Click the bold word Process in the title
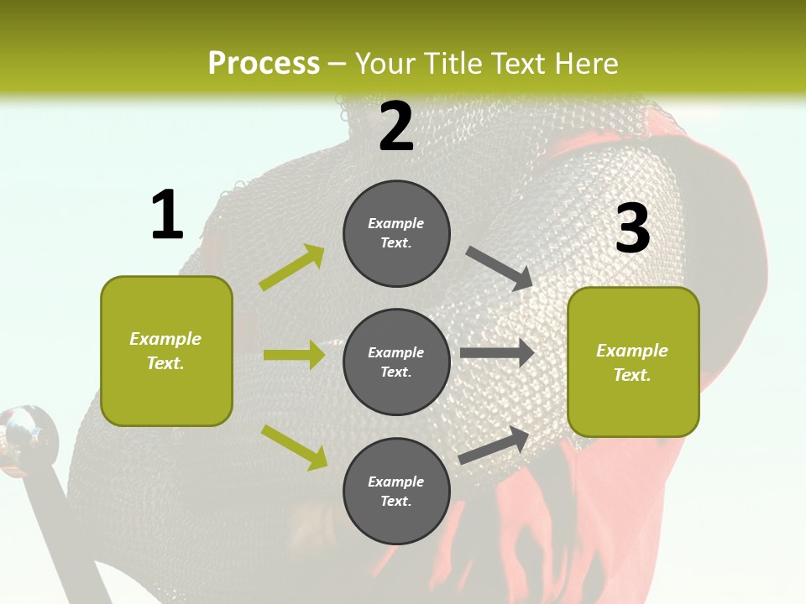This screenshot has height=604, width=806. [x=264, y=63]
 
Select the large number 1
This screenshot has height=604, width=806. [x=167, y=216]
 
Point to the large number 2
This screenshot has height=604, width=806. [x=396, y=127]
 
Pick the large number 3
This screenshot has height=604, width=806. [x=632, y=228]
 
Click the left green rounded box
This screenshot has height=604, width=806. [x=166, y=351]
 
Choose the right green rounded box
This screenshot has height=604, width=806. [x=633, y=362]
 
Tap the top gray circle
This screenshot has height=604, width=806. [x=396, y=233]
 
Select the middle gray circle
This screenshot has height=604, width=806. [x=396, y=362]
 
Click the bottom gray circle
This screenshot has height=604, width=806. [x=396, y=491]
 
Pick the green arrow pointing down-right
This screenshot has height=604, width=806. [x=294, y=446]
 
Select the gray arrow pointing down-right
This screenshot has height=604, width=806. [x=500, y=268]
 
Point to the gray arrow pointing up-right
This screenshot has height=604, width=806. [x=494, y=445]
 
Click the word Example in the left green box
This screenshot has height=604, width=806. [x=165, y=339]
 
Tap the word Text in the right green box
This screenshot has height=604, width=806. [x=631, y=375]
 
